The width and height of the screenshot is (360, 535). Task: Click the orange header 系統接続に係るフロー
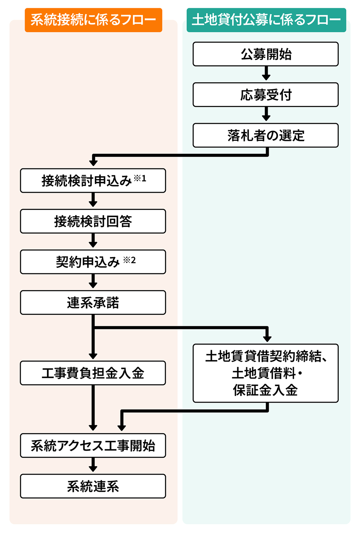pos(93,20)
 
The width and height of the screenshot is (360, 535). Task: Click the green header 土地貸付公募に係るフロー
pos(266,20)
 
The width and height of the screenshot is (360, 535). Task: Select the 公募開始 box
pos(266,54)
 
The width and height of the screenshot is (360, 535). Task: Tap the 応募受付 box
pos(266,95)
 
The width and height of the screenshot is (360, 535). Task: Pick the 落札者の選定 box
pos(266,135)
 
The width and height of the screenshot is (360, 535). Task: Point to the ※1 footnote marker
pos(140,178)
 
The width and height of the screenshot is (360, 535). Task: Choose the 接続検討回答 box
pos(93,221)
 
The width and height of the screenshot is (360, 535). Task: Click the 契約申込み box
pos(88,262)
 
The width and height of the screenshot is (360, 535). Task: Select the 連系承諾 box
pos(93,302)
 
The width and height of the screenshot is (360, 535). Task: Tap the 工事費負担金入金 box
pos(93,373)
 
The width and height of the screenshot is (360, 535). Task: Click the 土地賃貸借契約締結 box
pos(266,357)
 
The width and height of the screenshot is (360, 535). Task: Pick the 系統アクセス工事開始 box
pos(93,445)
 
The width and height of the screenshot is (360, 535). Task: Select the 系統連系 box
pos(93,486)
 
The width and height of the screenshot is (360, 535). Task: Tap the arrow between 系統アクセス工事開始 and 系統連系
pos(93,466)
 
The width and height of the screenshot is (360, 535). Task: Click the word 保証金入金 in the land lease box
pos(265,390)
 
